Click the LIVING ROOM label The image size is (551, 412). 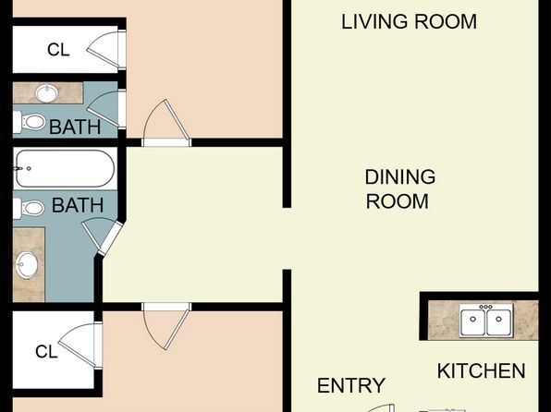[409, 22]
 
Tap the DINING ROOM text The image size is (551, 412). [400, 189]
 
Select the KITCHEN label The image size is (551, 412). [481, 371]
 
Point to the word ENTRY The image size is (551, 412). [351, 385]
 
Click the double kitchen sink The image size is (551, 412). [486, 320]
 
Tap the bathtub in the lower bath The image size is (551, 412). [66, 169]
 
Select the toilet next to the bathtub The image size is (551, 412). [29, 208]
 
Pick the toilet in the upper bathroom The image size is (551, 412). [30, 122]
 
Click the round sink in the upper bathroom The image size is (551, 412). [47, 93]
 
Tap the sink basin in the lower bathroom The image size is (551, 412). [27, 264]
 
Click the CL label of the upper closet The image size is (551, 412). [58, 50]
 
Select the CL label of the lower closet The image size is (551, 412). [46, 351]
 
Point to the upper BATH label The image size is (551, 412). [75, 127]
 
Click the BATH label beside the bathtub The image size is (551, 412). [78, 205]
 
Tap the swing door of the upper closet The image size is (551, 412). [105, 50]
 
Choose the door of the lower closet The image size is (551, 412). [80, 345]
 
